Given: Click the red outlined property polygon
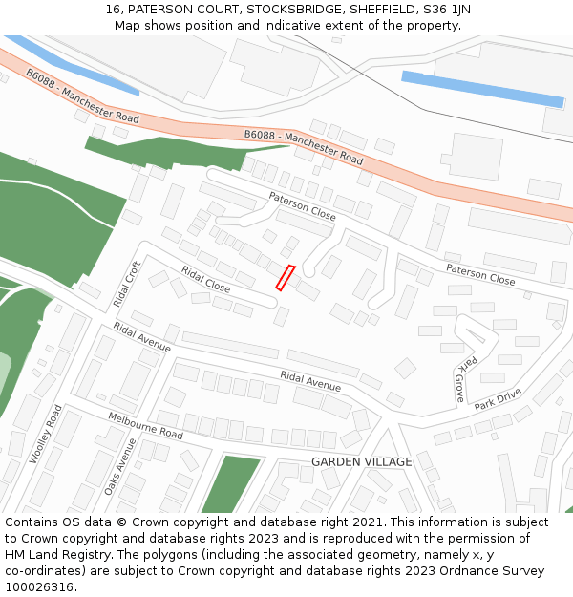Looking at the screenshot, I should [x=286, y=277].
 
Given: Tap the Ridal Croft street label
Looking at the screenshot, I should [x=126, y=284].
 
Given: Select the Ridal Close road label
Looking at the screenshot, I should [x=205, y=279].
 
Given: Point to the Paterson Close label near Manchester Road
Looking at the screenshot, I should [x=302, y=206].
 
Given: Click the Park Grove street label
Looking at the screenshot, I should [x=463, y=379].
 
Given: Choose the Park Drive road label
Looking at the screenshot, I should [x=498, y=399].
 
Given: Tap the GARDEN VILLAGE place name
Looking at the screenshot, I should [x=361, y=461].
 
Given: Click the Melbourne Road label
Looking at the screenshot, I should [x=145, y=426].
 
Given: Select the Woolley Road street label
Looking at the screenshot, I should [x=45, y=435].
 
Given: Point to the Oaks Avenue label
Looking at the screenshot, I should [x=120, y=466].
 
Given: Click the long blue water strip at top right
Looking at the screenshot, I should [x=482, y=89].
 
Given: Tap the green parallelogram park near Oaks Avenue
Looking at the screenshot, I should [x=230, y=483].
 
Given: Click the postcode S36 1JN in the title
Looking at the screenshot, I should [x=449, y=9].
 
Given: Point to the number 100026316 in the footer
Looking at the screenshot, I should [x=41, y=586].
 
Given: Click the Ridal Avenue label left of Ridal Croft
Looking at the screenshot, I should [x=141, y=337].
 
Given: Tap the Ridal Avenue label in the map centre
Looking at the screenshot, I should [x=310, y=380].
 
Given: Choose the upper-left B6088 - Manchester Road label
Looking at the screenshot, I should [x=82, y=96].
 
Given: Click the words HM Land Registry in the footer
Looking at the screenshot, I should [x=54, y=554].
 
